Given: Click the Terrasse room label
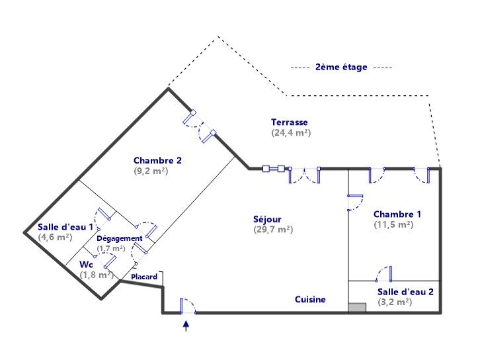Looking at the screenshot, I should point(289,122).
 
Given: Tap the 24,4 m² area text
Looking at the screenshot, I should point(291,132).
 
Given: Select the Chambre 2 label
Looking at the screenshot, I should point(157,160).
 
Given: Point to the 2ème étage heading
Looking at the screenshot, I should point(341,67).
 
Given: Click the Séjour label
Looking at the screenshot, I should point(267,220).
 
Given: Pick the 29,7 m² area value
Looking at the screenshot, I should point(273,230).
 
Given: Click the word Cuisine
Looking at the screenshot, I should point(310,300).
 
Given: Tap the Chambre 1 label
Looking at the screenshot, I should point(397,214).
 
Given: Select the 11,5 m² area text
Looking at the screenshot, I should point(393,224).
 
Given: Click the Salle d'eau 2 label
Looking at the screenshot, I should point(405,292).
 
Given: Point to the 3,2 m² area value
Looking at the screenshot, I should point(395,302).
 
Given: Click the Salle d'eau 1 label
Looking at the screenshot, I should point(65,226).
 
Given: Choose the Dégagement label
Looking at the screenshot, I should point(120,238).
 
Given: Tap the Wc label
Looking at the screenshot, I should point(86,264).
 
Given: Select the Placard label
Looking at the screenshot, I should point(144,277).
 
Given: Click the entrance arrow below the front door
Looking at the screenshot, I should point(186,325).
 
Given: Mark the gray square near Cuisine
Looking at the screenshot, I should point(356,308).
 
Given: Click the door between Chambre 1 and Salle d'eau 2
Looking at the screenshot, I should point(385,273).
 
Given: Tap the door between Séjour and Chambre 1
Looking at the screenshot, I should point(354,201).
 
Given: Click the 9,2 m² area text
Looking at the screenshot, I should point(150,170).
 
